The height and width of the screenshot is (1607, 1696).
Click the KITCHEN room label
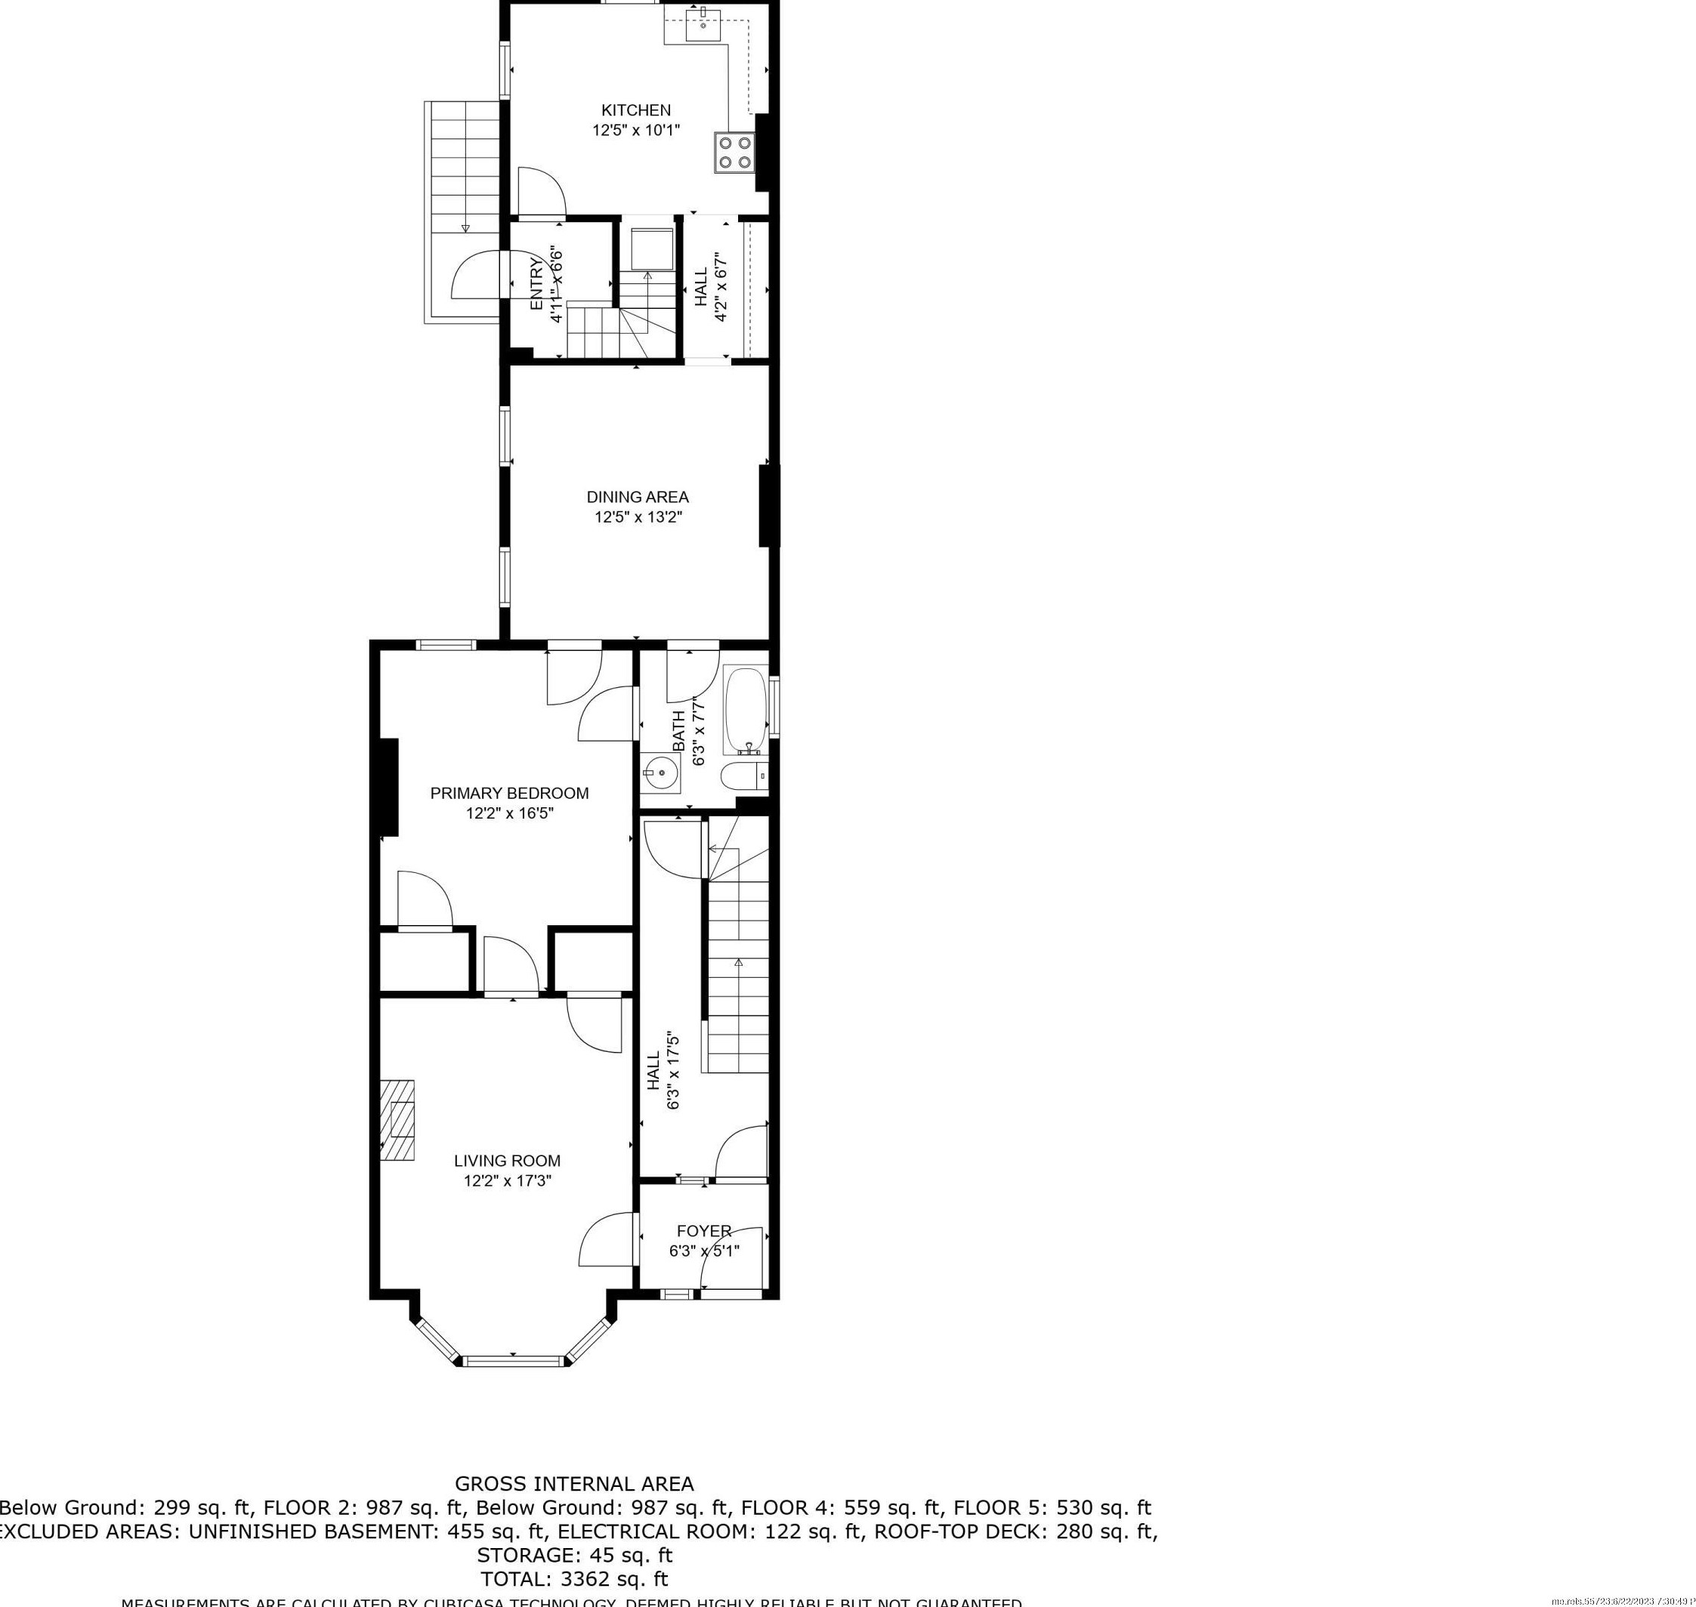tap(635, 109)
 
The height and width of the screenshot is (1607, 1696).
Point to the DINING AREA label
tap(637, 497)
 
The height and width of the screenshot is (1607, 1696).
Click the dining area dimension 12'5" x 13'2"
tap(638, 517)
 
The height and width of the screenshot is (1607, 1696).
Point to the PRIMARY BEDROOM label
tap(509, 793)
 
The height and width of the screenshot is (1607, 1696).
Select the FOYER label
tap(703, 1231)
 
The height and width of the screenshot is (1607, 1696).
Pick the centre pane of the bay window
tap(514, 1359)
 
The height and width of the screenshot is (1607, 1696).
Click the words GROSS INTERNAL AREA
tap(573, 1484)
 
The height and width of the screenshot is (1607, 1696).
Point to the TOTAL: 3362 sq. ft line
tap(573, 1579)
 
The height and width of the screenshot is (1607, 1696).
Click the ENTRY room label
tap(537, 285)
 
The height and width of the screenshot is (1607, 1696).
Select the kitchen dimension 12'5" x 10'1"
tap(635, 130)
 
